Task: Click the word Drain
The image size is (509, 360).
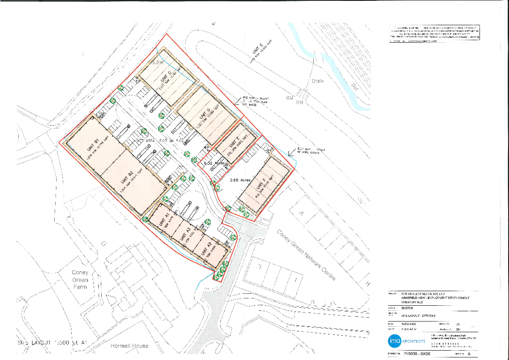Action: point(318,81)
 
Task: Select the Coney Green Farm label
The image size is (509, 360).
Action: point(80,280)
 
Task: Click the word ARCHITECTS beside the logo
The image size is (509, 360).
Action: point(412,341)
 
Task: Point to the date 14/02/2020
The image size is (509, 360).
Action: point(409,325)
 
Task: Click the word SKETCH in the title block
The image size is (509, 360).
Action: point(407,307)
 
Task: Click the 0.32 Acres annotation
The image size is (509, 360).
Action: point(215,163)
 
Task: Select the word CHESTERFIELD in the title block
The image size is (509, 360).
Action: point(412,302)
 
